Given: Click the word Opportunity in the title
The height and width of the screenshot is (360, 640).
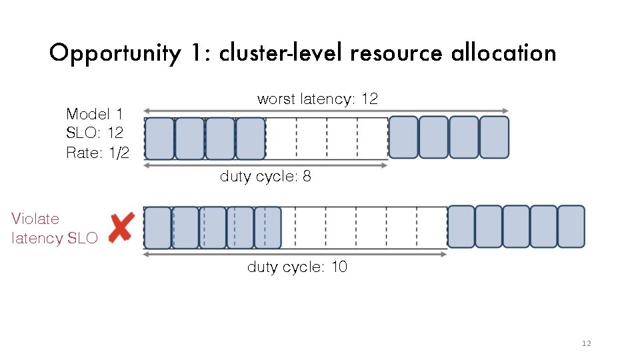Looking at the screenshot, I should pos(114,53).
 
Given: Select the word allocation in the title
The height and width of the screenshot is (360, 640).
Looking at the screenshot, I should pos(503,53).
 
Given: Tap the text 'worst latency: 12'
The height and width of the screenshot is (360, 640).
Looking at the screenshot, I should pos(317,99).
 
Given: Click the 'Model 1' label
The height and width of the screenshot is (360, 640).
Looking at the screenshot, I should pos(94,113).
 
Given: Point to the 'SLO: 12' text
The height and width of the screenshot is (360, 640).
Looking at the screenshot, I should pos(95,133).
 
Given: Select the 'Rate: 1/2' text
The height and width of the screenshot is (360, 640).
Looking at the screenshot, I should pos(97,153).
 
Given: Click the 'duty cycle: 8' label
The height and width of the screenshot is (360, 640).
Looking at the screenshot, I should pos(265,177).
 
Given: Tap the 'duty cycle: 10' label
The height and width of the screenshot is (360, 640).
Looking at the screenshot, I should pos(297,267).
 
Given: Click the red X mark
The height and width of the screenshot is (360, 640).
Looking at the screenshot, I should pos(121,227).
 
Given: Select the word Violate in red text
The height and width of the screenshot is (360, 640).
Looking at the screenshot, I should pos(35,219).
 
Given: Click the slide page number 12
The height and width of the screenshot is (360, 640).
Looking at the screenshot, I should pos(586,343).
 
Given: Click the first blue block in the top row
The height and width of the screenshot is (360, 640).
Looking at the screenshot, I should pos(159,138).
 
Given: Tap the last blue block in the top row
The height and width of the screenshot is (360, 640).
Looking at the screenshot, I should pos(494,137).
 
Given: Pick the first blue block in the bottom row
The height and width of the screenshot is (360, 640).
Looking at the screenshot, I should pos(158,227).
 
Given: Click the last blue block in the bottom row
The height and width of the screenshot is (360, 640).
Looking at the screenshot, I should pos(571,227).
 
